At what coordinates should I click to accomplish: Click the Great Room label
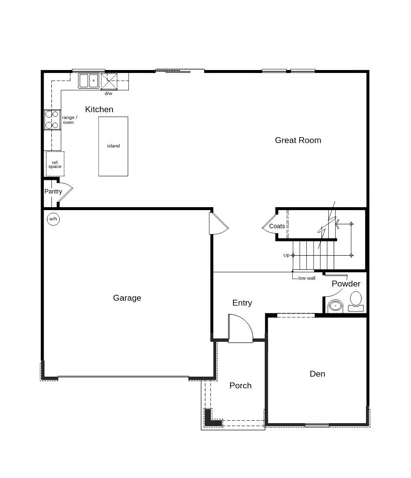(298, 140)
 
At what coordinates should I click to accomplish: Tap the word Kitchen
(99, 109)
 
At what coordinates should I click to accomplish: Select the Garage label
(127, 298)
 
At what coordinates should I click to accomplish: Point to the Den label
(317, 374)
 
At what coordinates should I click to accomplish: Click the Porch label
(240, 385)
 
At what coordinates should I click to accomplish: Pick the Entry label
(242, 303)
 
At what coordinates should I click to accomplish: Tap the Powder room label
(346, 284)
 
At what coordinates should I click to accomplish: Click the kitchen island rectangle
(113, 146)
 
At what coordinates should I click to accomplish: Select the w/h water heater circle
(53, 219)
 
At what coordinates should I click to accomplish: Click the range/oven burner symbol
(52, 120)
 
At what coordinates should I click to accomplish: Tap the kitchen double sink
(89, 81)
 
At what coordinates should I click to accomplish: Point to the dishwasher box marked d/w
(109, 81)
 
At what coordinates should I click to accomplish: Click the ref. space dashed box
(55, 164)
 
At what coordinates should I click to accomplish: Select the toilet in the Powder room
(356, 301)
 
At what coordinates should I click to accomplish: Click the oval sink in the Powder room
(335, 306)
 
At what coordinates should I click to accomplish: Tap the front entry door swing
(241, 328)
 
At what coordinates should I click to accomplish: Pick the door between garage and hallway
(219, 223)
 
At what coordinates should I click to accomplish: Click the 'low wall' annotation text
(307, 278)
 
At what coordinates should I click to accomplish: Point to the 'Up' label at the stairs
(286, 255)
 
